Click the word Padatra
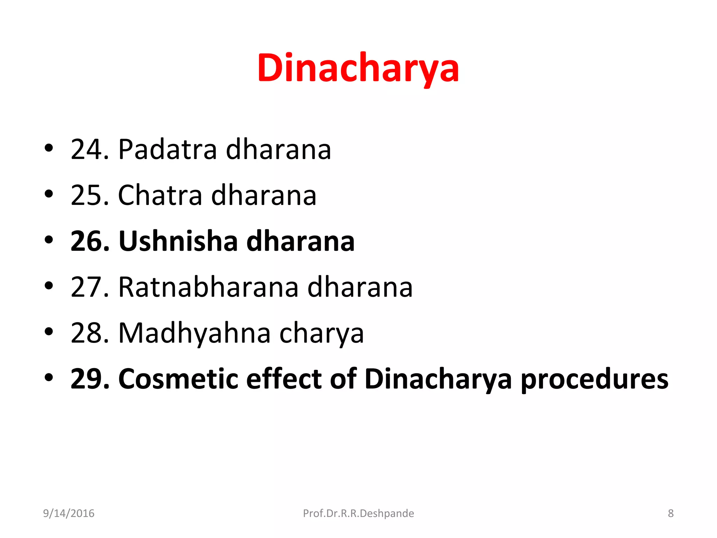(x=168, y=150)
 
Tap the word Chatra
(x=160, y=195)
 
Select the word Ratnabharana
(x=208, y=287)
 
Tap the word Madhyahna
(x=194, y=333)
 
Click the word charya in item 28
(x=321, y=333)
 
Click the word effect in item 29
(x=284, y=379)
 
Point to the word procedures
(x=594, y=380)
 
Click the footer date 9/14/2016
(x=69, y=513)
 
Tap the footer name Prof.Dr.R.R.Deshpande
(x=358, y=513)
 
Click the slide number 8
(x=670, y=513)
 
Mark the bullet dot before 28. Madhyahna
(x=49, y=331)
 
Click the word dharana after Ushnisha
(x=300, y=241)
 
